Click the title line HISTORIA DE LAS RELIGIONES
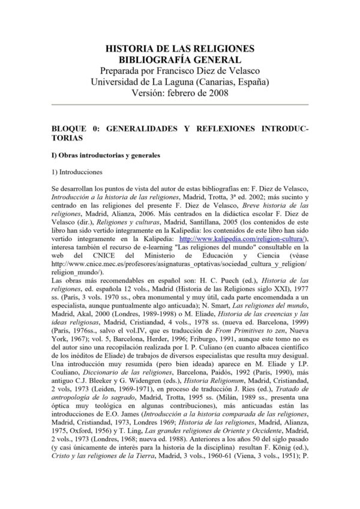tap(180, 49)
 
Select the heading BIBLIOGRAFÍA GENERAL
tap(180, 59)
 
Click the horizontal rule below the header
tap(180, 104)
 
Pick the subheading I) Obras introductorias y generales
tap(106, 156)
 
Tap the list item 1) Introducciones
tap(77, 172)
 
